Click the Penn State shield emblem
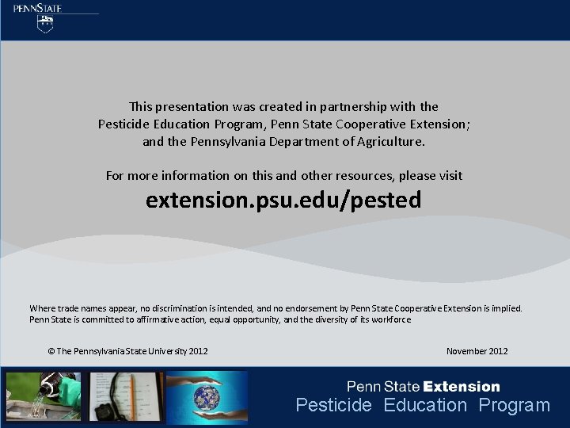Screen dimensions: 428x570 tap(47, 24)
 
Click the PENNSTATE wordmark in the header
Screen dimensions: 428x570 tap(37, 8)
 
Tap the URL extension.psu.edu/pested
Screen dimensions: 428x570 tap(283, 201)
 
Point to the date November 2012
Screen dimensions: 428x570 tap(477, 351)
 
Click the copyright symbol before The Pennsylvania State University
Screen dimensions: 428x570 tap(51, 351)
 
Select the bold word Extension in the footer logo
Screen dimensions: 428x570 tap(462, 387)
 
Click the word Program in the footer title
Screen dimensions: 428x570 tap(514, 406)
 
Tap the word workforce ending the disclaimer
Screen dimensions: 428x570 tap(393, 319)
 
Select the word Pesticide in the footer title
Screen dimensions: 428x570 tap(333, 406)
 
